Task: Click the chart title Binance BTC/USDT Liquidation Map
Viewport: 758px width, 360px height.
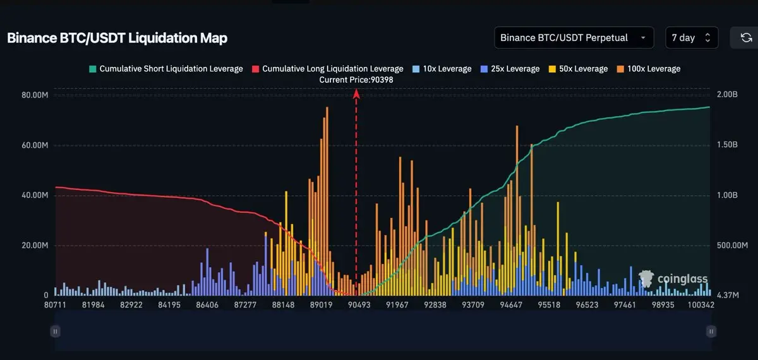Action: tap(117, 38)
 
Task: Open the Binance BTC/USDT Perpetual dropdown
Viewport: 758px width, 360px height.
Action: tap(574, 38)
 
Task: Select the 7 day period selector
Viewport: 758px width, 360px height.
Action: tap(692, 38)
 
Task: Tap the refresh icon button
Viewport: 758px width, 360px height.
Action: tap(745, 38)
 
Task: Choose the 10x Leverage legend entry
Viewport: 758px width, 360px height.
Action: tap(442, 69)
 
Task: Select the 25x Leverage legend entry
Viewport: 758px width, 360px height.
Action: tap(510, 69)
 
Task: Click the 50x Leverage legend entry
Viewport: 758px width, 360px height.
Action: tap(578, 69)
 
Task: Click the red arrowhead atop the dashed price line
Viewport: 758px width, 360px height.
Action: tap(356, 93)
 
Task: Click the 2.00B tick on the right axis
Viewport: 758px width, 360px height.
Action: tap(727, 95)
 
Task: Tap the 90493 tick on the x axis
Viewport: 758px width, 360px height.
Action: tap(359, 305)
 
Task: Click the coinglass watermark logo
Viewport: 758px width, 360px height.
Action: tap(673, 279)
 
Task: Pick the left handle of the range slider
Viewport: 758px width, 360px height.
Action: tap(56, 331)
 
